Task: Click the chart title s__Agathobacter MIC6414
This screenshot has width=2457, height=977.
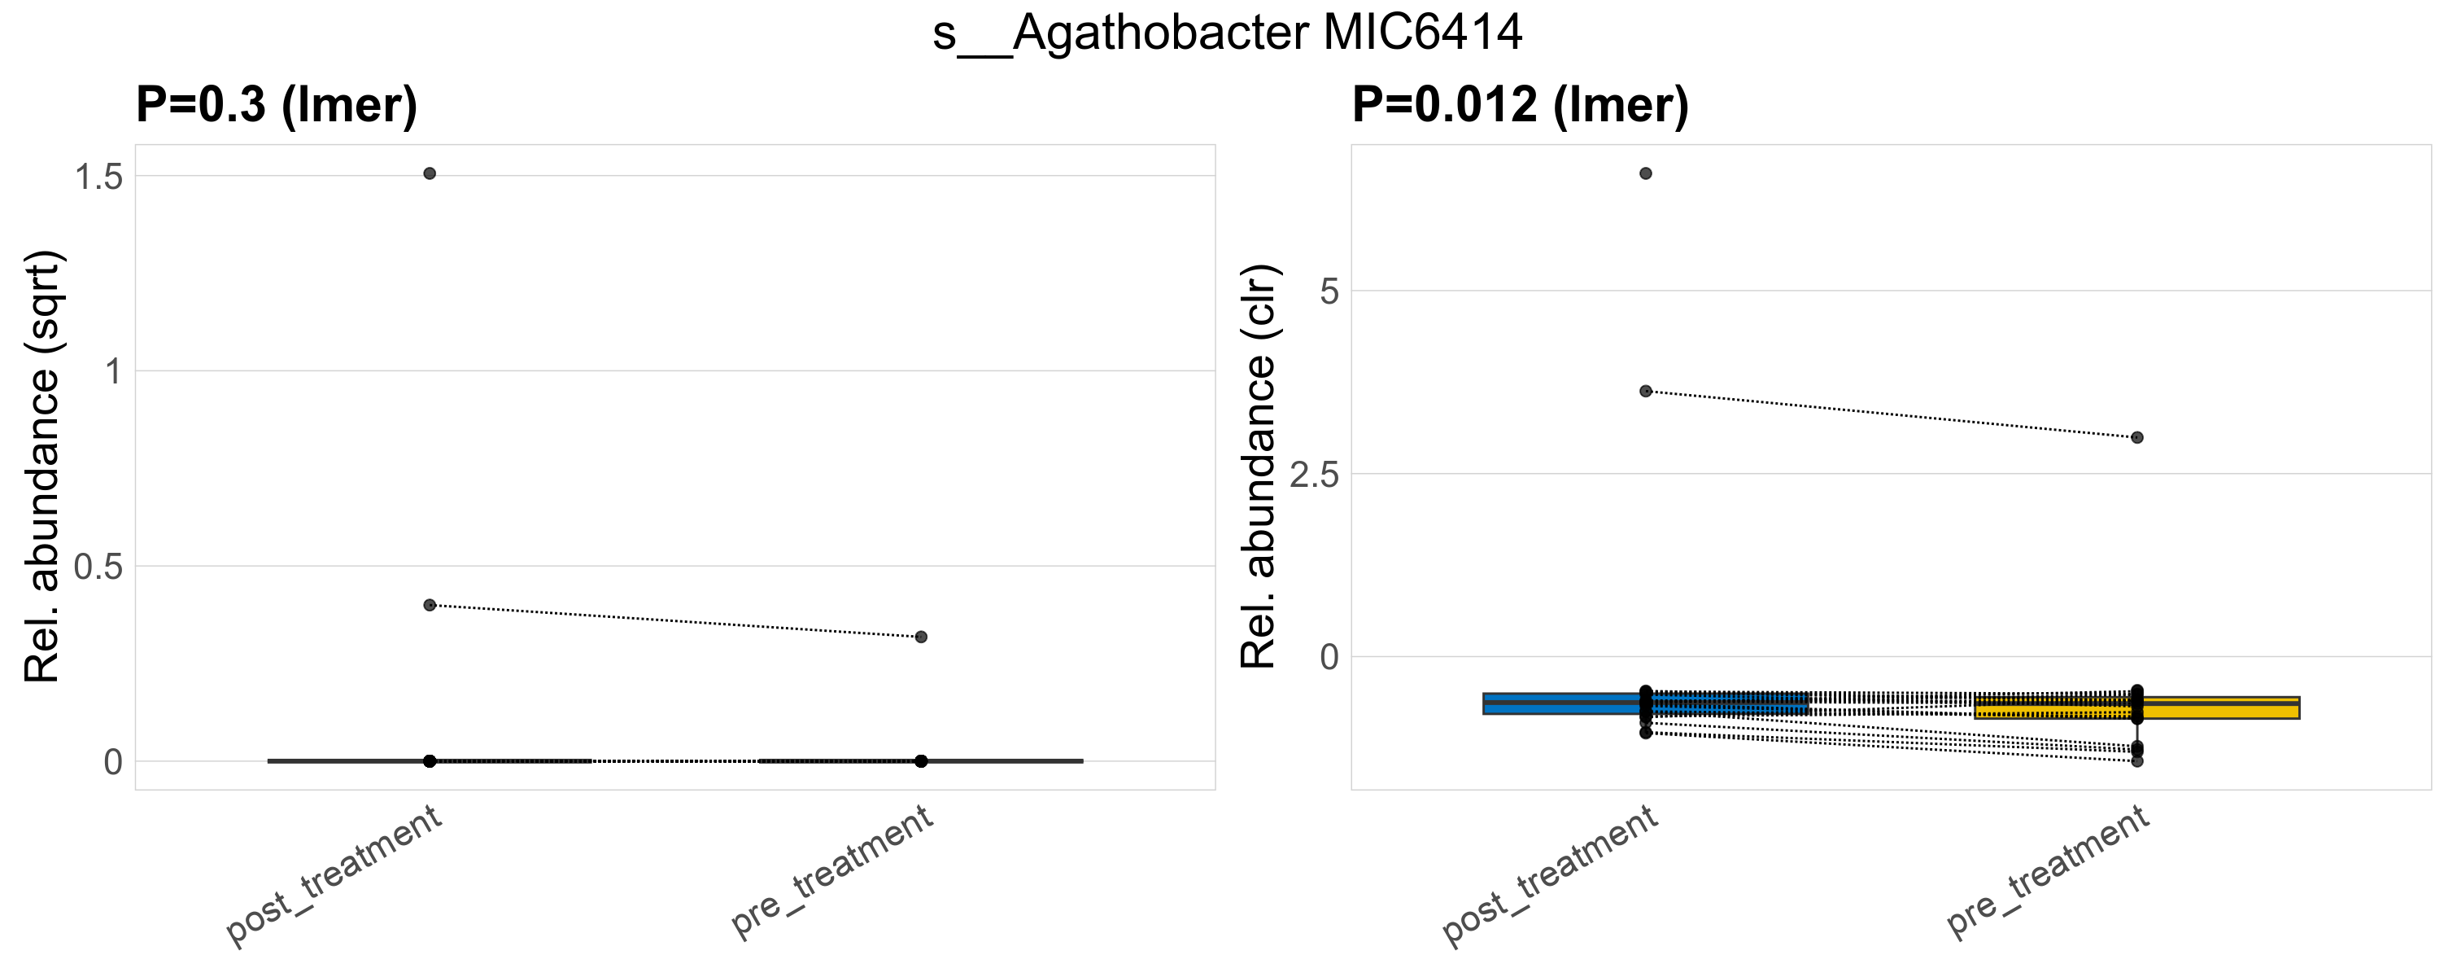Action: [1228, 33]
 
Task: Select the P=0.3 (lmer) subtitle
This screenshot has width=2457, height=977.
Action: [277, 104]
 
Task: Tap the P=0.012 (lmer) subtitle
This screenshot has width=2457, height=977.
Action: [1521, 104]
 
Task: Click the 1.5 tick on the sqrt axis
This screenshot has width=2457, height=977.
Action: [99, 177]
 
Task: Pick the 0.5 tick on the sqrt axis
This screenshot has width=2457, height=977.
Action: [99, 567]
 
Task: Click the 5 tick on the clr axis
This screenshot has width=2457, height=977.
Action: [1329, 291]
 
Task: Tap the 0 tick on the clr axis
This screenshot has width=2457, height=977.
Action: [1329, 657]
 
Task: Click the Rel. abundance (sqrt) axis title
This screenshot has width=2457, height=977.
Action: [42, 467]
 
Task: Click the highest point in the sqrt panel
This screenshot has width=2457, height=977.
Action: [430, 173]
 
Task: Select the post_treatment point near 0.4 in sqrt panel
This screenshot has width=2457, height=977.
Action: [430, 605]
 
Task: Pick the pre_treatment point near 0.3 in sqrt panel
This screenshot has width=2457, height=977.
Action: [920, 637]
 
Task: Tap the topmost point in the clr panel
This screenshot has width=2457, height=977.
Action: [1645, 173]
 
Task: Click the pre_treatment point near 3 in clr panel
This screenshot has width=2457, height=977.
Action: [2137, 438]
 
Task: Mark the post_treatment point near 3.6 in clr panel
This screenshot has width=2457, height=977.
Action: [1645, 391]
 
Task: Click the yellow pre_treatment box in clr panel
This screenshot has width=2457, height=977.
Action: [2232, 708]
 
